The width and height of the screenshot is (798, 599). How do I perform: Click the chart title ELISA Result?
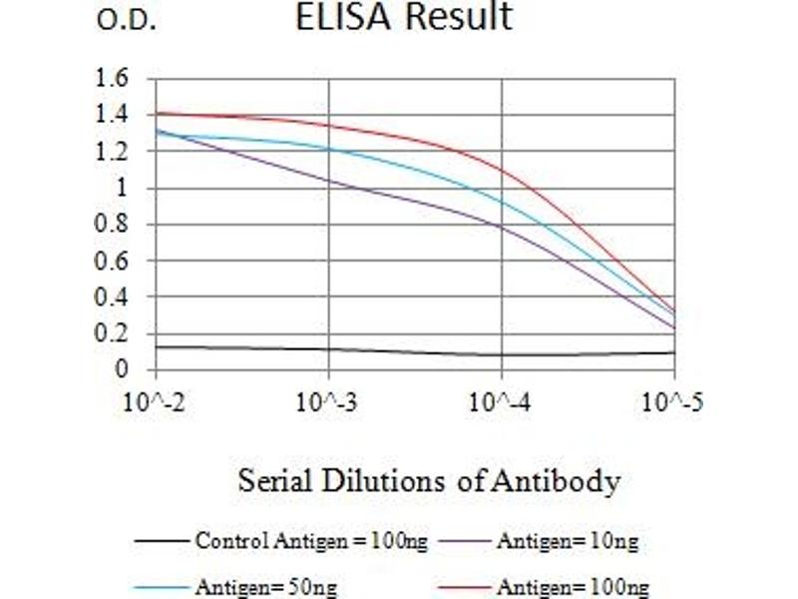pyautogui.click(x=404, y=18)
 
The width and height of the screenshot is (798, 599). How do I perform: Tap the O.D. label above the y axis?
pyautogui.click(x=127, y=21)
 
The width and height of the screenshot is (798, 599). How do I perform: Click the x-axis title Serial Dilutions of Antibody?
pyautogui.click(x=429, y=482)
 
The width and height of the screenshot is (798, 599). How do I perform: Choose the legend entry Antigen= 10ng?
pyautogui.click(x=567, y=542)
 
